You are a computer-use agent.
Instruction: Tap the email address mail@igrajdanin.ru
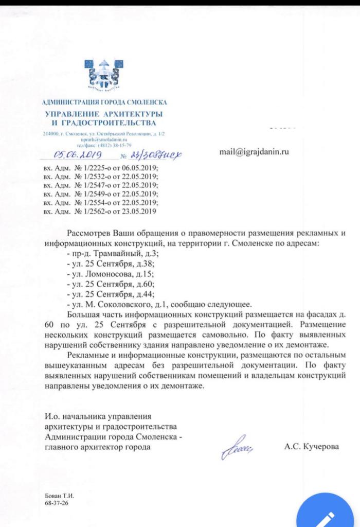point(254,152)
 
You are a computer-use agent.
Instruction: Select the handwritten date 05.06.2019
point(80,154)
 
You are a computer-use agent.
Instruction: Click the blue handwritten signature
point(236,447)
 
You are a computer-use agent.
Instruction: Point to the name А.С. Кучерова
point(312,447)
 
